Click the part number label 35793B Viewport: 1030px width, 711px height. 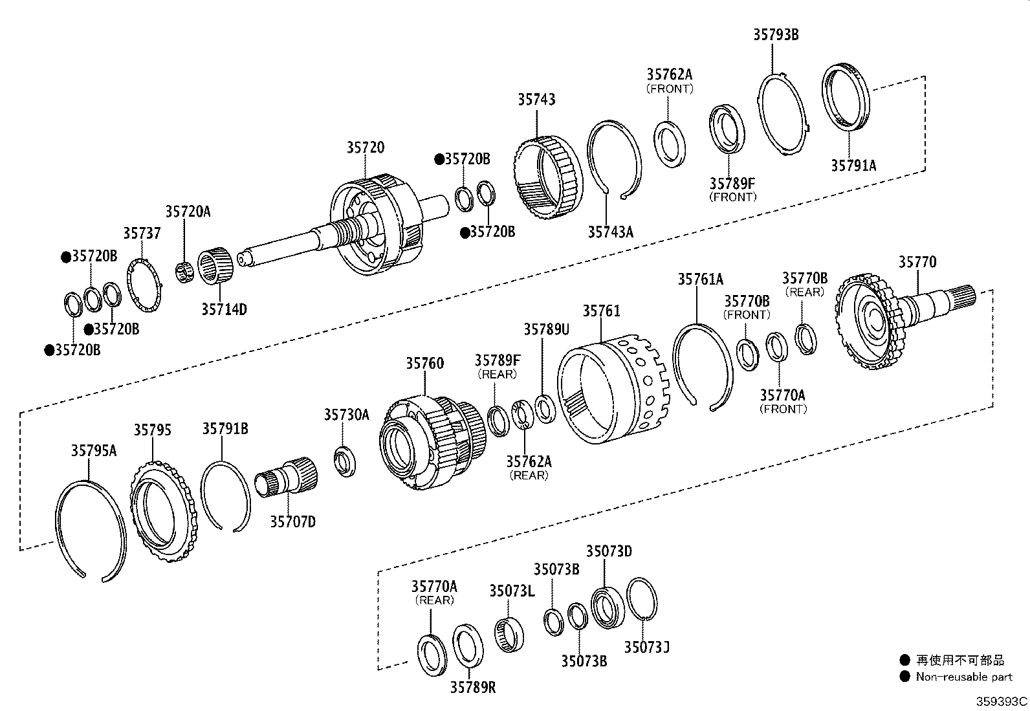(775, 35)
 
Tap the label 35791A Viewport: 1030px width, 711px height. (853, 166)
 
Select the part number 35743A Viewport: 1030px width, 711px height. (610, 232)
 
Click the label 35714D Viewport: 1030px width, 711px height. (223, 309)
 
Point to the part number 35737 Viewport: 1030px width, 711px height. (142, 233)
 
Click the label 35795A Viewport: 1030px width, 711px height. (93, 451)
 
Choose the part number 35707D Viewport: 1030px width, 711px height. (292, 521)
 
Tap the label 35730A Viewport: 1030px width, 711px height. (346, 415)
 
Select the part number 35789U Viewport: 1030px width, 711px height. (546, 329)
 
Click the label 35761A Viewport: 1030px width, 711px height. (700, 279)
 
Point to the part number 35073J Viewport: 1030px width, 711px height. (646, 646)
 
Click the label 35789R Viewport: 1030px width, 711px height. (472, 687)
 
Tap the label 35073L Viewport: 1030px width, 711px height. (511, 591)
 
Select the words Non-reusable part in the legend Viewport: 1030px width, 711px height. (963, 677)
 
